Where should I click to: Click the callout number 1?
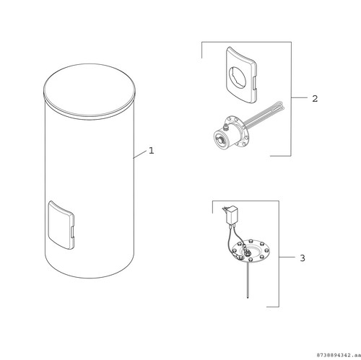151,151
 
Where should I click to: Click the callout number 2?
315,99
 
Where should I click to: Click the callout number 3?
303,258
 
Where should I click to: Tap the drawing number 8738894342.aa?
338,355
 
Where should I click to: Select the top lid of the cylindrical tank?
90,92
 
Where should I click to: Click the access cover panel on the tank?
61,225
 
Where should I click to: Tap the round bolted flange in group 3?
251,251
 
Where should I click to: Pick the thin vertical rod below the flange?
248,281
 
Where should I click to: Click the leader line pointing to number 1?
140,154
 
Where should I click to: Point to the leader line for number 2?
300,97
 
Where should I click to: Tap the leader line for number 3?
287,257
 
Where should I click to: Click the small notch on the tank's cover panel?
72,232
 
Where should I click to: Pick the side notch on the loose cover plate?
254,82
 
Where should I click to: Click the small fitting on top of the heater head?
226,126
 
